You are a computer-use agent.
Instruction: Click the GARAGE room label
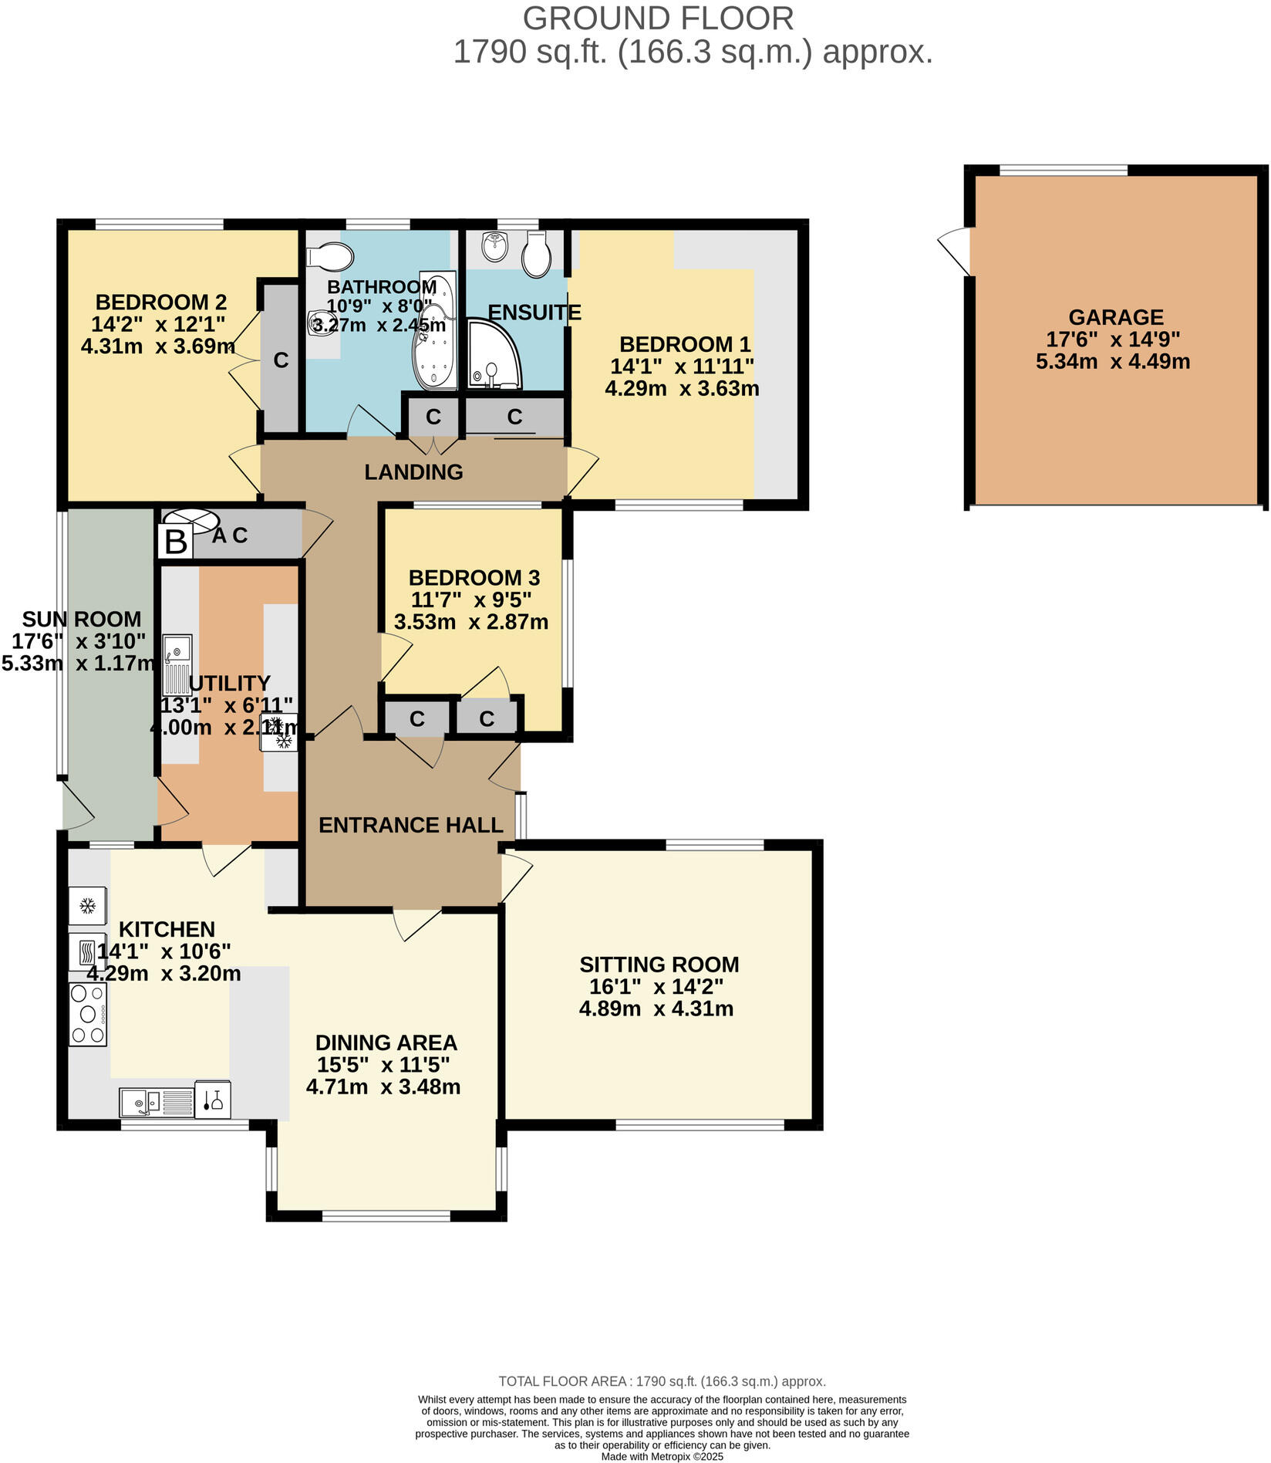coord(1115,317)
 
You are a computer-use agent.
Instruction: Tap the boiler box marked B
coord(176,542)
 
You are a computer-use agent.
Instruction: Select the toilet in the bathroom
coord(330,256)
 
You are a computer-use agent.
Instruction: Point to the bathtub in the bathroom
coord(437,329)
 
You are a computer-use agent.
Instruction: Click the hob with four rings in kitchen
coord(88,1014)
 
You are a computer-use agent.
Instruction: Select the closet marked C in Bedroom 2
coord(281,360)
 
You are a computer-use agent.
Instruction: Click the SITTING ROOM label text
coord(659,965)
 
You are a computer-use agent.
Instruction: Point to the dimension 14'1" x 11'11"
coord(682,366)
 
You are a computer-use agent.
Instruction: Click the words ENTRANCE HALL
coord(410,825)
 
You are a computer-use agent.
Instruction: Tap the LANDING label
coord(413,471)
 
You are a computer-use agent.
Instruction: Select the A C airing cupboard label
coord(230,536)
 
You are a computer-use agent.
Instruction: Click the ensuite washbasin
coord(494,247)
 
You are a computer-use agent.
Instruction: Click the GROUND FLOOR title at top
coord(658,19)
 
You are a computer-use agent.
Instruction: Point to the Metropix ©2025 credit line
coord(662,1457)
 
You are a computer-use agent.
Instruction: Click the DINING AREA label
coord(386,1042)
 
